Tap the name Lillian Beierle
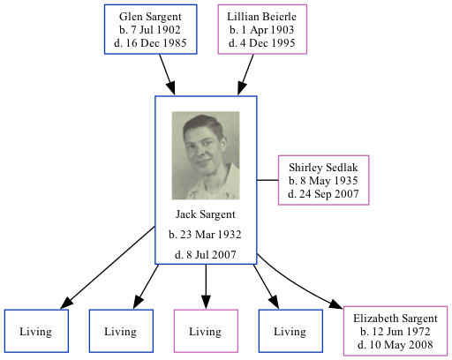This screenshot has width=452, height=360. [262, 17]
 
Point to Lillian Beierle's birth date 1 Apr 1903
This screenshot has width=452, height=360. [262, 30]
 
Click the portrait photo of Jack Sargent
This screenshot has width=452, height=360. [206, 155]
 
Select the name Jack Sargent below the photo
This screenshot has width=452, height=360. [206, 214]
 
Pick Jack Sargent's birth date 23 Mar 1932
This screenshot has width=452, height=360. [206, 235]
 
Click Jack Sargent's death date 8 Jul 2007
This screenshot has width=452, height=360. [206, 255]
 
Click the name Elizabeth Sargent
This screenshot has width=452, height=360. [395, 319]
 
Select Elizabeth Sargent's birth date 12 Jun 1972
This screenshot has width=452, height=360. [395, 332]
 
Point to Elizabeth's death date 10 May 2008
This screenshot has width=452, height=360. [395, 344]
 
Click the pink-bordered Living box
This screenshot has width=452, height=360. [206, 332]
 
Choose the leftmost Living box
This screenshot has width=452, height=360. [36, 332]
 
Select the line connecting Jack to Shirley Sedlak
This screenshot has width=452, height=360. [267, 180]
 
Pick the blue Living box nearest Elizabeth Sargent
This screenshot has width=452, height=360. [290, 332]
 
